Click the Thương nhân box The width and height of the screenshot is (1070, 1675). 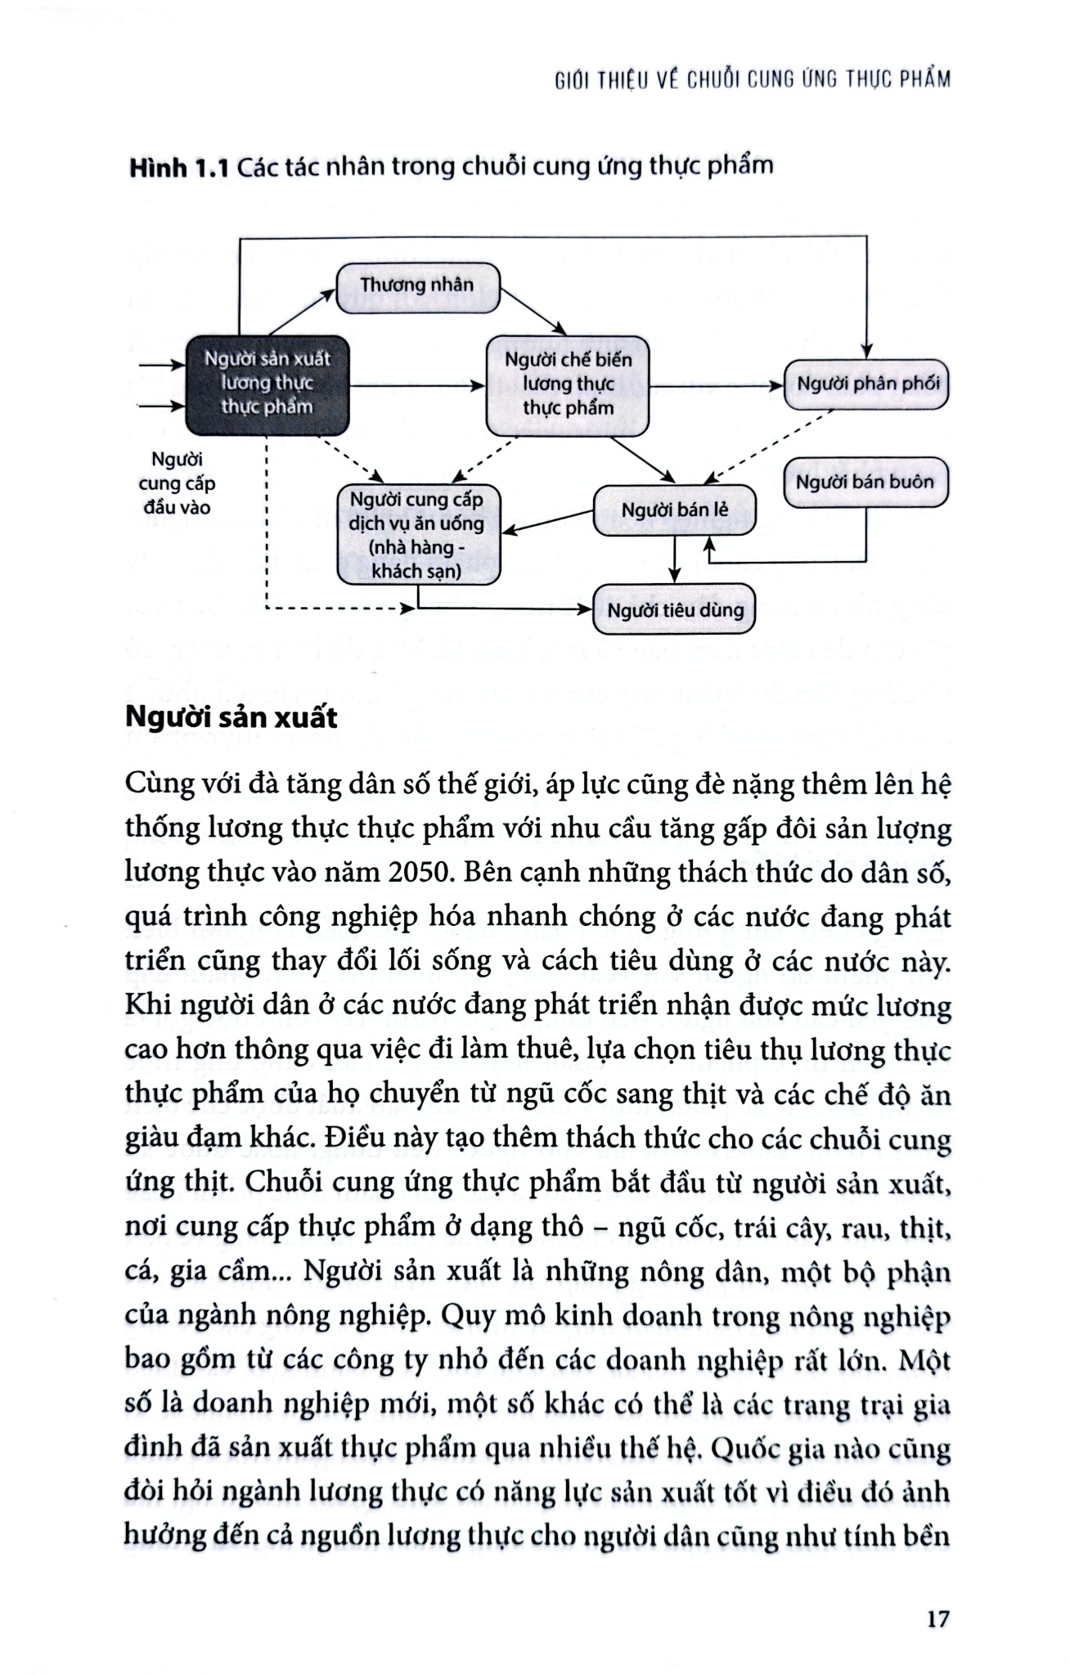417,287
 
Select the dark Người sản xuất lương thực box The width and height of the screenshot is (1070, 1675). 267,384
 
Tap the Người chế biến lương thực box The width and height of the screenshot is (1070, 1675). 568,384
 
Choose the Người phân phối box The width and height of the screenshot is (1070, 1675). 866,384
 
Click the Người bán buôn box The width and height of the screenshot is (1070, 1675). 865,483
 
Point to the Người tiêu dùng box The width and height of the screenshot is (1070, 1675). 674,611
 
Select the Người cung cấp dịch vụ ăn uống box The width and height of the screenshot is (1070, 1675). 418,536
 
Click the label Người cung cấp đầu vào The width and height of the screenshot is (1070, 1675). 177,483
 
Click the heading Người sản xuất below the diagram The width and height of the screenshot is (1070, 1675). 232,717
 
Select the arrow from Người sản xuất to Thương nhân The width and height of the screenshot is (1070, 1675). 303,312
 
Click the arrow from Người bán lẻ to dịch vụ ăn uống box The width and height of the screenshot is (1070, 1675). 546,522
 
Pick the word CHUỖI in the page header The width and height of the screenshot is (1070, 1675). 713,80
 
